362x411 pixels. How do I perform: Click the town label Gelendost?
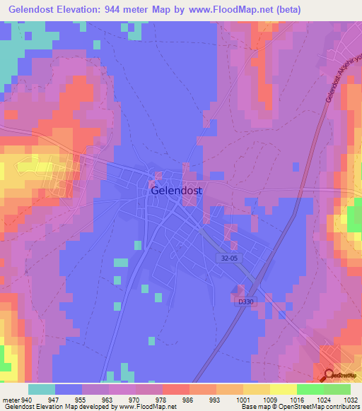176,191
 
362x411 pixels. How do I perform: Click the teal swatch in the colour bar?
42,389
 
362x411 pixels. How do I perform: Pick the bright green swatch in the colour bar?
310,389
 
